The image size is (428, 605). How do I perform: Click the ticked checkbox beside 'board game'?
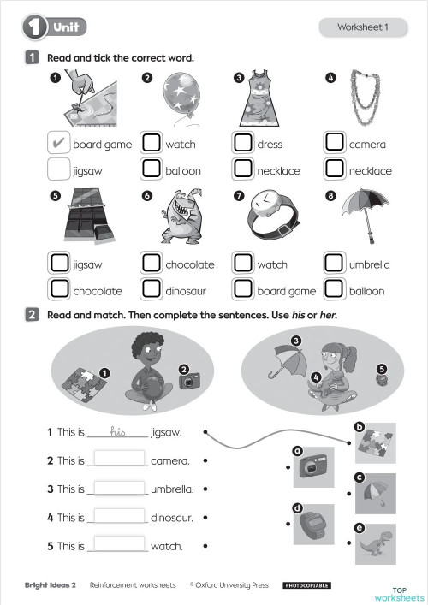pyautogui.click(x=58, y=144)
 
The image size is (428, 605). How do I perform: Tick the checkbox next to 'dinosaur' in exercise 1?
pyautogui.click(x=151, y=290)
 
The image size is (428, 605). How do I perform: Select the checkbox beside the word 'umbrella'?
pyautogui.click(x=336, y=264)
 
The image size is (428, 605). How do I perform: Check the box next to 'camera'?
pyautogui.click(x=336, y=144)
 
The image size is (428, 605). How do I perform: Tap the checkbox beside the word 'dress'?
pyautogui.click(x=243, y=144)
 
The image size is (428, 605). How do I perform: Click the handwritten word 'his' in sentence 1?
pyautogui.click(x=118, y=432)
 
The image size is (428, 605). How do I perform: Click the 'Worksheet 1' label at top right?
pyautogui.click(x=362, y=27)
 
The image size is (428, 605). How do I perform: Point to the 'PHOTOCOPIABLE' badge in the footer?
pyautogui.click(x=306, y=585)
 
